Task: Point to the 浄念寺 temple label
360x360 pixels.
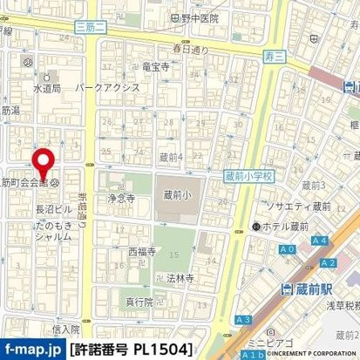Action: pos(121,199)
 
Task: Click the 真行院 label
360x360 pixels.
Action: pos(138,302)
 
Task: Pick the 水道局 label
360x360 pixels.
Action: pos(46,88)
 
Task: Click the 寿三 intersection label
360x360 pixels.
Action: pos(273,57)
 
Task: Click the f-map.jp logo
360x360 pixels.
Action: pos(32,349)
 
